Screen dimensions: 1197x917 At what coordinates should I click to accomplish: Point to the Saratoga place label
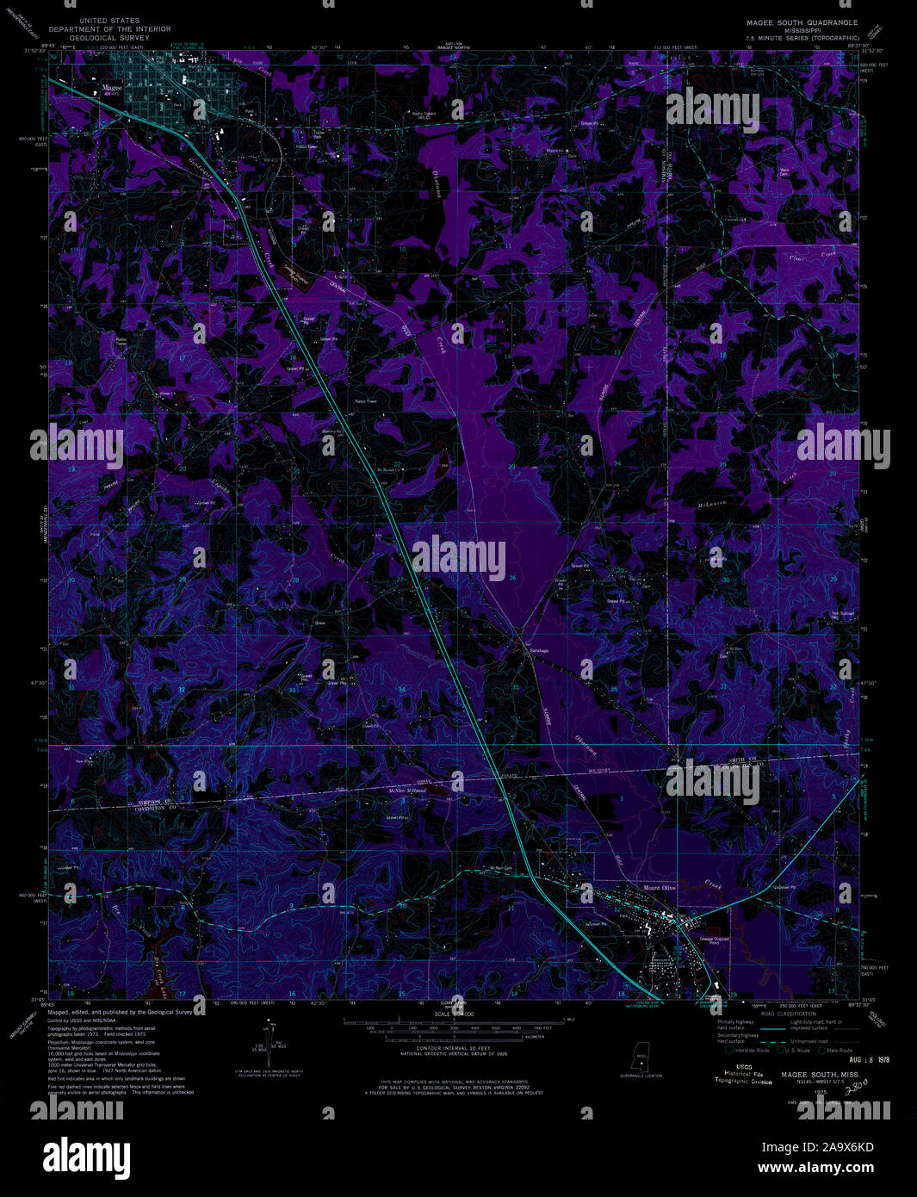pos(537,650)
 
